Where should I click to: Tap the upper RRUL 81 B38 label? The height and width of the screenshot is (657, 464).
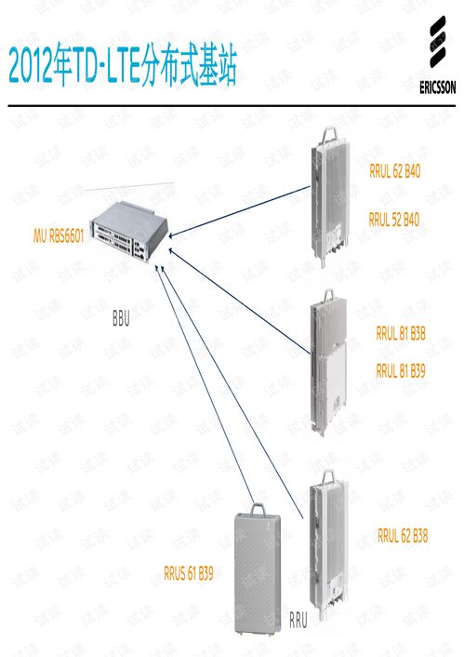[x=401, y=333]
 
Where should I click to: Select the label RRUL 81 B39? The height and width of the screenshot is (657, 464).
[x=401, y=370]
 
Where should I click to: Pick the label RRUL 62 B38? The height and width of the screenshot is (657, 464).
[x=403, y=535]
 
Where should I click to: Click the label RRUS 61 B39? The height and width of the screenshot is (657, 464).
[x=188, y=574]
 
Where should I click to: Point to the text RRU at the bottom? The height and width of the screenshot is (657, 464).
[x=298, y=618]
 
